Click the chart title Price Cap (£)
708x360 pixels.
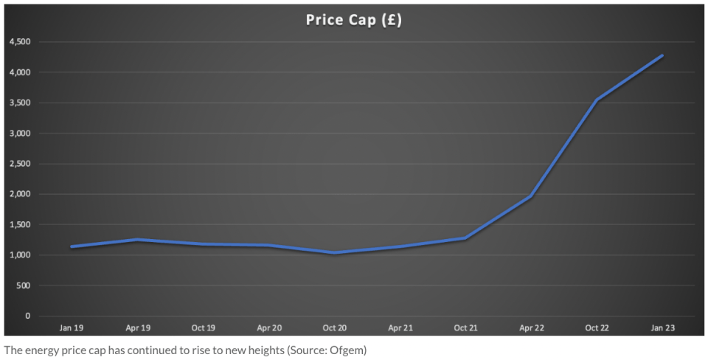(354, 20)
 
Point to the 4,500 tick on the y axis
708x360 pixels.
(20, 42)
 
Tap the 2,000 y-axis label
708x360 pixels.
(20, 194)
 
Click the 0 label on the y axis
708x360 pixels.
(28, 316)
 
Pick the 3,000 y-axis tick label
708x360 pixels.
(20, 134)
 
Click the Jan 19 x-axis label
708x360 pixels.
(72, 328)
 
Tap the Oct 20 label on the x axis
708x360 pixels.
(334, 328)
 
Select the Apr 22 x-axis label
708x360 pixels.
(531, 328)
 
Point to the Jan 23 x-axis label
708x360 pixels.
(662, 328)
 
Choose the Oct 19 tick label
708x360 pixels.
(203, 328)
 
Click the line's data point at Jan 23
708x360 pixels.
(662, 55)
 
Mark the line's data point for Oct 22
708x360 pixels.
(597, 100)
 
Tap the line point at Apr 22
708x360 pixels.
(531, 196)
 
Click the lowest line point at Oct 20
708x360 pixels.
(334, 253)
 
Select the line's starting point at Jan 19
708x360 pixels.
(72, 246)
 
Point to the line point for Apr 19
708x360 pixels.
(137, 240)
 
